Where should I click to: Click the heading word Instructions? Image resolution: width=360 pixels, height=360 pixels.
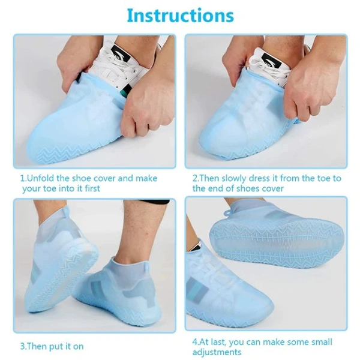tap(179, 16)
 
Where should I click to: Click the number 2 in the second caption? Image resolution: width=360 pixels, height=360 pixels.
tap(195, 178)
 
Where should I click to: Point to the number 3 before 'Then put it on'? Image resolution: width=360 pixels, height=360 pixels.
tap(23, 346)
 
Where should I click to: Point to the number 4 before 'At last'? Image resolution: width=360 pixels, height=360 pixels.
tap(195, 341)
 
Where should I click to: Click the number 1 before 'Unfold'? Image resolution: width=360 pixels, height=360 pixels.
tap(23, 178)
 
